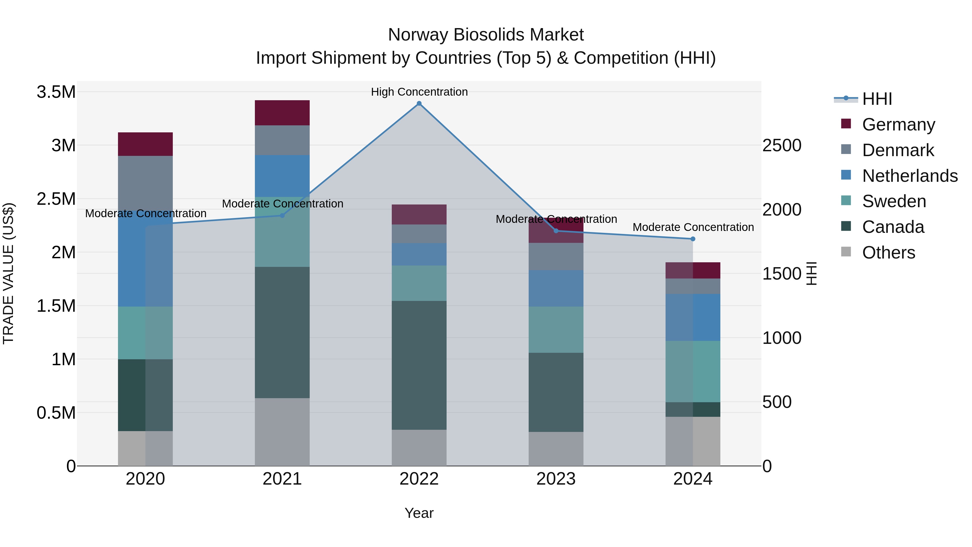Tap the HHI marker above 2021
point(282,216)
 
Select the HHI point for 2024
point(693,239)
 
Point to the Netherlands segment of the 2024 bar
point(693,317)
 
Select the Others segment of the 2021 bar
point(282,432)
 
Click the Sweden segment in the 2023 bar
point(556,330)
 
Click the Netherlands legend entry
point(910,176)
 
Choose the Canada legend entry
point(893,227)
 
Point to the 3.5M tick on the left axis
point(56,92)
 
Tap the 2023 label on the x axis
point(556,479)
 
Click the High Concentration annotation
point(419,92)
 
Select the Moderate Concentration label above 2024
point(693,227)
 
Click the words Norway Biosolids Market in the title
point(486,35)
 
